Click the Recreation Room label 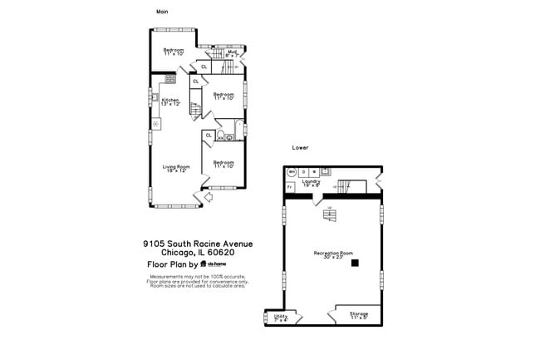pos(333,254)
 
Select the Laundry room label pos(312,182)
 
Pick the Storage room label pos(359,315)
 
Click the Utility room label pos(280,318)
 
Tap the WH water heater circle pos(292,172)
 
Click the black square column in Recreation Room pos(355,264)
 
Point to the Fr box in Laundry pos(289,187)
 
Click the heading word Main pos(164,12)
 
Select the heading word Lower pos(300,147)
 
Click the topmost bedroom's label pos(174,52)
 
